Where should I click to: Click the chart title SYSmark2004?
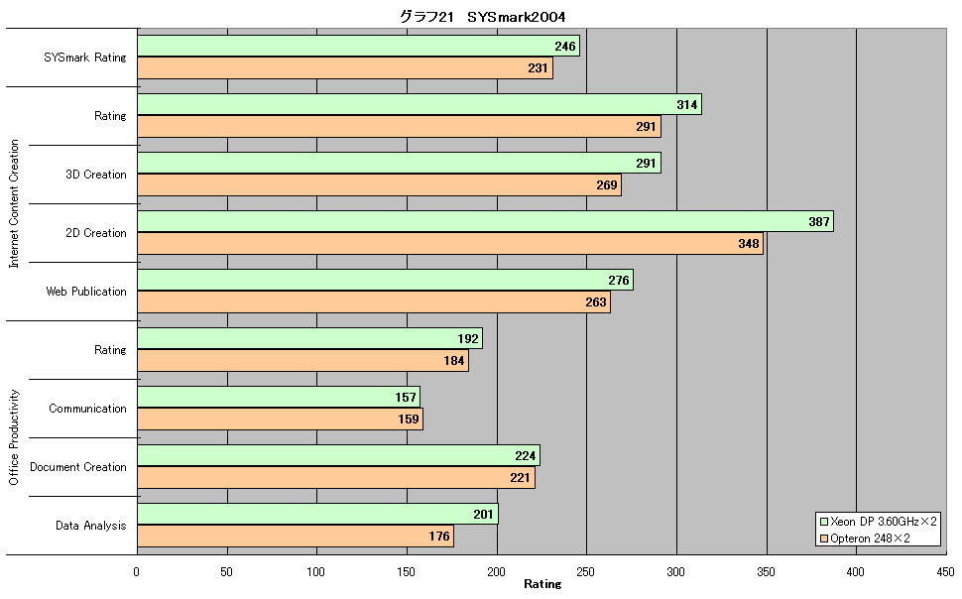(516, 17)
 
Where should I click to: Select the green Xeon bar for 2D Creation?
(485, 221)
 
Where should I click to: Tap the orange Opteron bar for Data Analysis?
(296, 536)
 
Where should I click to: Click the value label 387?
(819, 221)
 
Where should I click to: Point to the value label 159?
(408, 419)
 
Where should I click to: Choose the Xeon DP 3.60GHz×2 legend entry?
(879, 521)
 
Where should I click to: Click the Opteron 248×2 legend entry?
(865, 539)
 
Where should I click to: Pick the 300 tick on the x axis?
(675, 572)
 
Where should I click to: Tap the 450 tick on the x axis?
(945, 572)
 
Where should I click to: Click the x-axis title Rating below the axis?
(542, 584)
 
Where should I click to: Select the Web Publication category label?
(86, 292)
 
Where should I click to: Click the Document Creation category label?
(78, 467)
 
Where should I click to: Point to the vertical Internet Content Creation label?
(14, 203)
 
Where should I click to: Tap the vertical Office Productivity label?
(14, 437)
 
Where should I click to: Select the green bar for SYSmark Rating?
(358, 46)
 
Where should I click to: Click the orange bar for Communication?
(280, 419)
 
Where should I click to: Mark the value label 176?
(439, 537)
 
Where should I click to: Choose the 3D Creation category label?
(96, 175)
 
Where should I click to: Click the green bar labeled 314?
(420, 104)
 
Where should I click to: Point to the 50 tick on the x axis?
(226, 572)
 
